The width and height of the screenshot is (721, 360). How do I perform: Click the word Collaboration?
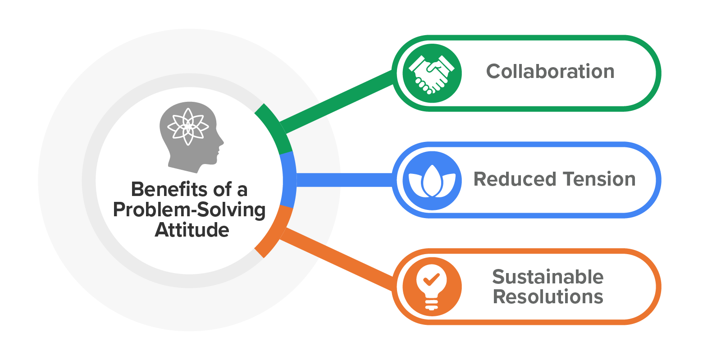tap(550, 72)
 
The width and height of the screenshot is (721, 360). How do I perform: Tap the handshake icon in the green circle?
tap(432, 73)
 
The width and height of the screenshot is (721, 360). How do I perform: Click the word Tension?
tap(599, 179)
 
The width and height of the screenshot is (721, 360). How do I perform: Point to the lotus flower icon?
tap(432, 181)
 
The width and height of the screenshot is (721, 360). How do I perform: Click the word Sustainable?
tap(548, 277)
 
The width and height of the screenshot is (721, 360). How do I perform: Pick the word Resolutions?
tap(548, 297)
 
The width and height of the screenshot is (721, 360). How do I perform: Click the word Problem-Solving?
tap(189, 210)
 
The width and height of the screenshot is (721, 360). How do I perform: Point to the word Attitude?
tap(192, 230)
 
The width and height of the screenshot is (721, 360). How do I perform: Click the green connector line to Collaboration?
tap(338, 101)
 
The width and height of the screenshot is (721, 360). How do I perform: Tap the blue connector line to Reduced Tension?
tap(345, 180)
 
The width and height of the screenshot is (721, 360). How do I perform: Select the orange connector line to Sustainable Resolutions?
tap(338, 259)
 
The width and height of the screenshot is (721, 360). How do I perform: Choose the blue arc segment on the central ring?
tap(288, 180)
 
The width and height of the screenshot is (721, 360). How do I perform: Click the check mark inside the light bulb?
tap(431, 279)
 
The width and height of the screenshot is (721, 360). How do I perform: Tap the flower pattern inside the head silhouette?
tap(188, 127)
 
